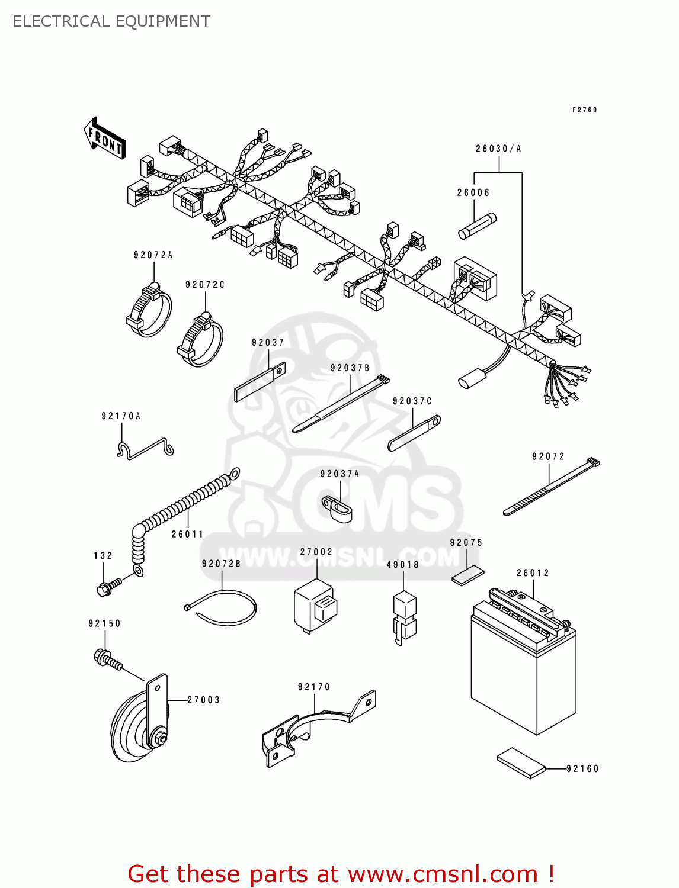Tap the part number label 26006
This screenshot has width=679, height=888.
pyautogui.click(x=473, y=192)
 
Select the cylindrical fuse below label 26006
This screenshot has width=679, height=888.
pyautogui.click(x=477, y=226)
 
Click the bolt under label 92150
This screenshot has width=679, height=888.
pyautogui.click(x=107, y=660)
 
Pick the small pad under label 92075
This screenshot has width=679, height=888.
pyautogui.click(x=467, y=575)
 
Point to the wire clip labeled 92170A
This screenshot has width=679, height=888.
pyautogui.click(x=145, y=449)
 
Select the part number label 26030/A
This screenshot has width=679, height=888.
pyautogui.click(x=498, y=149)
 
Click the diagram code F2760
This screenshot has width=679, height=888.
pyautogui.click(x=584, y=110)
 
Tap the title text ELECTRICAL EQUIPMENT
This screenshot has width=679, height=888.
pyautogui.click(x=111, y=21)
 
